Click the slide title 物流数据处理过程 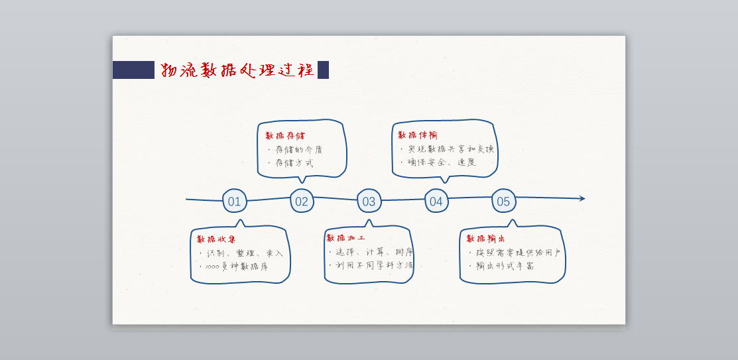(x=237, y=70)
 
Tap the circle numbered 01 (x=235, y=201)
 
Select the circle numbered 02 (x=302, y=201)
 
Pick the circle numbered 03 (x=369, y=201)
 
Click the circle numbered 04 (x=436, y=201)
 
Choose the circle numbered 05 (x=503, y=201)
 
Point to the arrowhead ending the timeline (x=582, y=198)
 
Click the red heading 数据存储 (x=285, y=136)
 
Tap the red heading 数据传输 (x=417, y=135)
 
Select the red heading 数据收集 (x=215, y=239)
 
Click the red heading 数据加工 (x=345, y=238)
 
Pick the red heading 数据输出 (x=486, y=239)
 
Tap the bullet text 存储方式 (x=294, y=163)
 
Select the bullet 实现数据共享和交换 (x=450, y=149)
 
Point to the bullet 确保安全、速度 (x=442, y=162)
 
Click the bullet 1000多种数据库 (x=237, y=267)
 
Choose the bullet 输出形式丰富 (x=505, y=266)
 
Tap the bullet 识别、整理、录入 (x=245, y=253)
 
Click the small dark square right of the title (x=323, y=70)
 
